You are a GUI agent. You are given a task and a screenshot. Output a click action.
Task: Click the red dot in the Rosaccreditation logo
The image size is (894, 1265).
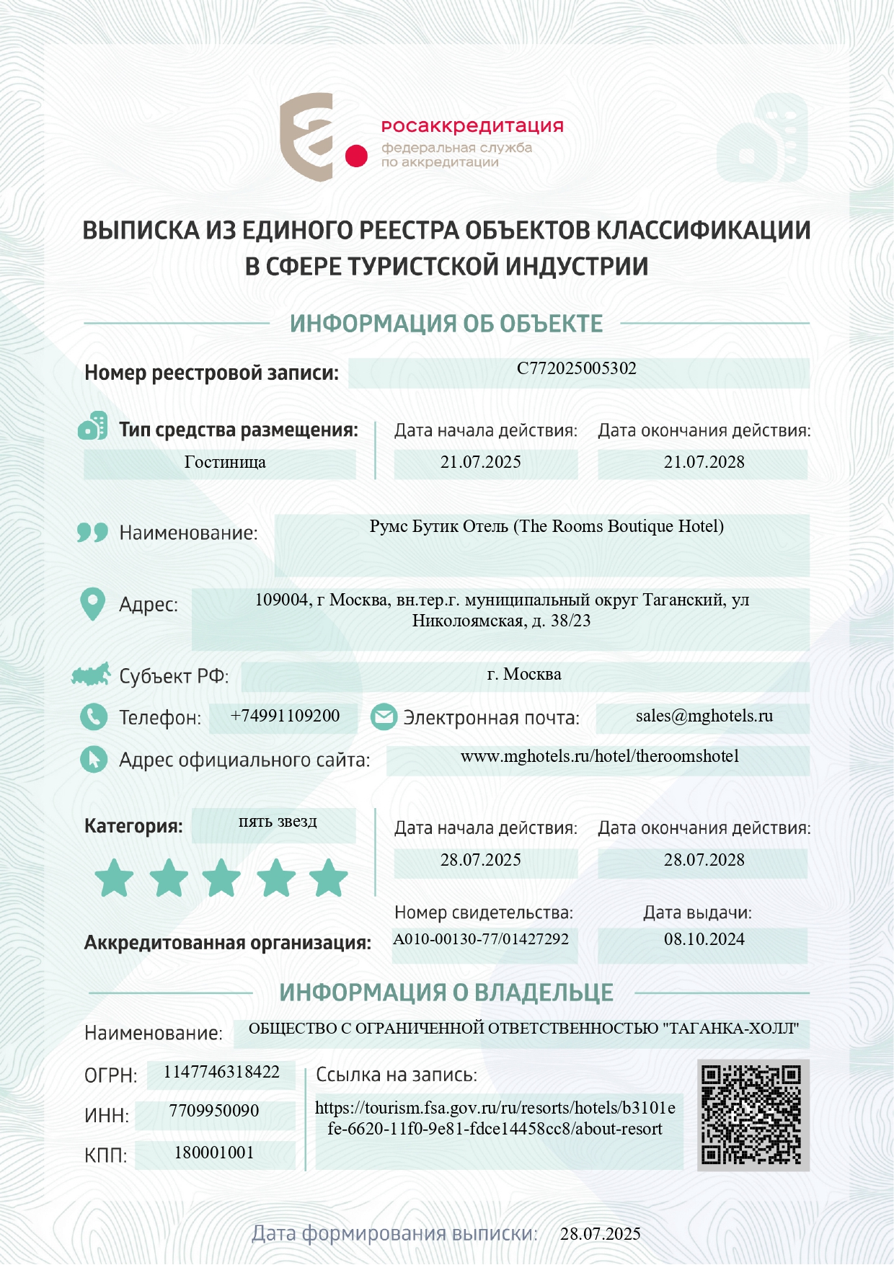[x=356, y=156]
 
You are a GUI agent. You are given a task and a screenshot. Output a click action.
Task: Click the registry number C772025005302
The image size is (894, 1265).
[x=577, y=368]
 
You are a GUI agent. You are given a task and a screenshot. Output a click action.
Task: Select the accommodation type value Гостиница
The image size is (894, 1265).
[x=225, y=462]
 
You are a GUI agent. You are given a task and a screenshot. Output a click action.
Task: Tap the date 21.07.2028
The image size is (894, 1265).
[x=704, y=462]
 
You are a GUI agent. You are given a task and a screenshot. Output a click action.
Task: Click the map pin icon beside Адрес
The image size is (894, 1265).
[x=92, y=604]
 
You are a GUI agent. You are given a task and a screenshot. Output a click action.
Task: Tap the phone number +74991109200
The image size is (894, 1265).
[x=285, y=716]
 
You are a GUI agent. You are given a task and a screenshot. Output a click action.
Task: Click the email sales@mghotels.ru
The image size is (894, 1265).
[x=704, y=716]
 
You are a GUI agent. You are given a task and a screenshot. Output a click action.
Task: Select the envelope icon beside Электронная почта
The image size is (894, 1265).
[x=384, y=716]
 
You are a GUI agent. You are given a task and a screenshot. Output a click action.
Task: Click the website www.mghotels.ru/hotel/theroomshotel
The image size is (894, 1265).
[x=599, y=756]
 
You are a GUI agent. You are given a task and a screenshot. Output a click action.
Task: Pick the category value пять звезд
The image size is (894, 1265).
[x=278, y=822]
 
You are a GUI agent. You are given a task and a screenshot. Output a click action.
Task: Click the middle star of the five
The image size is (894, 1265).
[x=221, y=878]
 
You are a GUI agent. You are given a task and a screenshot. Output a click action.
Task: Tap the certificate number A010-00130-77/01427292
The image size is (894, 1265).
[x=481, y=939]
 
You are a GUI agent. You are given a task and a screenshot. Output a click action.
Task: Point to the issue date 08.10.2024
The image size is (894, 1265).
[x=704, y=939]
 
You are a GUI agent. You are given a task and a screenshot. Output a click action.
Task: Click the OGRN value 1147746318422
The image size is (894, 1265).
[x=221, y=1072]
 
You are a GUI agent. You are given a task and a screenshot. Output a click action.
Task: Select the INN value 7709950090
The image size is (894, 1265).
[x=214, y=1111]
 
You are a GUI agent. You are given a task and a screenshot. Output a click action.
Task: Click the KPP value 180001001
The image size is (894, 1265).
[x=214, y=1153]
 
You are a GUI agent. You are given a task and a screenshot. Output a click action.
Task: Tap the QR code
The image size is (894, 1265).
[x=752, y=1114]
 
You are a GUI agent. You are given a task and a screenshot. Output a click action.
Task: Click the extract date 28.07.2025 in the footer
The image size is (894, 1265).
[x=601, y=1234]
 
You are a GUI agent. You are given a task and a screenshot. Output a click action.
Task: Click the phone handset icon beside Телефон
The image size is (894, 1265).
[x=94, y=716]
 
